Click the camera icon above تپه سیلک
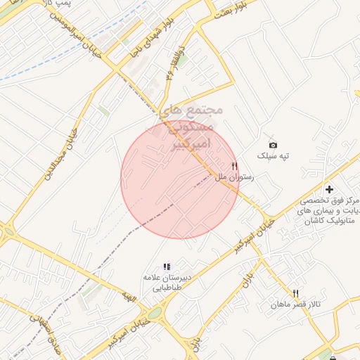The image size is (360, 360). (x=274, y=145)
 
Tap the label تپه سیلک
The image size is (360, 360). (x=274, y=155)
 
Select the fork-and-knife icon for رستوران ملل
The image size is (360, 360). (x=244, y=166)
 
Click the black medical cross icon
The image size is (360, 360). (x=329, y=189)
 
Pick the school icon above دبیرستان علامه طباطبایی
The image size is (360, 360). (x=167, y=266)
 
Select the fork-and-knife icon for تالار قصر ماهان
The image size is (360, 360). (x=296, y=293)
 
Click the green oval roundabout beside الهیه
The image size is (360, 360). (x=153, y=313)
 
